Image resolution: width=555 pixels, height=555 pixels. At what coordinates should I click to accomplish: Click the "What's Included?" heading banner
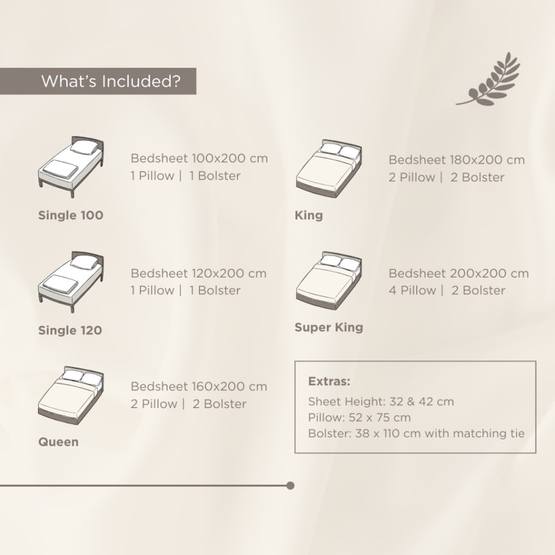(98, 81)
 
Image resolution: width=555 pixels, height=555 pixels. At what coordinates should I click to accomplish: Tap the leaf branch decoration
(488, 79)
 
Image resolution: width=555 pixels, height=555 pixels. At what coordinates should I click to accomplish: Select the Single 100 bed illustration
(71, 166)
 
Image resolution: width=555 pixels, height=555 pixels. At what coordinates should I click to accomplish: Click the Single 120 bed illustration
(71, 282)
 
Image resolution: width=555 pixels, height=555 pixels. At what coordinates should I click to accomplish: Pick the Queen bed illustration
(71, 395)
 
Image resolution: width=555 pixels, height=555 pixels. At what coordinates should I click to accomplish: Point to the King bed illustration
(329, 169)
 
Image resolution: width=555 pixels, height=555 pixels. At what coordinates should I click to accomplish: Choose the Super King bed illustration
(329, 281)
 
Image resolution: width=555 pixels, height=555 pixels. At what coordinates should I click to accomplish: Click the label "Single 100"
(71, 215)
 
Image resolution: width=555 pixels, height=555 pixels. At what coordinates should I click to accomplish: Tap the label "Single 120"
(70, 330)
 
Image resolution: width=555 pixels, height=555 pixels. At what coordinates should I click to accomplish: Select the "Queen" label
(58, 442)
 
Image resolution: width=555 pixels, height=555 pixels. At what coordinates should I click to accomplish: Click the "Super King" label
(329, 327)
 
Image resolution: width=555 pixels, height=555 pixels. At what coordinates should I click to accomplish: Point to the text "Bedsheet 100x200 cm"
(199, 158)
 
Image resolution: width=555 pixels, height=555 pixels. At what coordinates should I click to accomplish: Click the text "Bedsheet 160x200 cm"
(199, 386)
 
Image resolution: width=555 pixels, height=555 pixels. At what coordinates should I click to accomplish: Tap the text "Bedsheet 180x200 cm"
(456, 160)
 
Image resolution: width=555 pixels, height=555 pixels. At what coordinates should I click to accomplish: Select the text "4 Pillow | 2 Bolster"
(447, 291)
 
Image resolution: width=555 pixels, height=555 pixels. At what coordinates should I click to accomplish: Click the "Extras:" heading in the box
(329, 381)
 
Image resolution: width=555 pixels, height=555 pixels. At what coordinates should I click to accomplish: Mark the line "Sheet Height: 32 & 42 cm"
(381, 402)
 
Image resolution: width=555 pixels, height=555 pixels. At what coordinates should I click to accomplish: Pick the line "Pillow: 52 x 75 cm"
(359, 418)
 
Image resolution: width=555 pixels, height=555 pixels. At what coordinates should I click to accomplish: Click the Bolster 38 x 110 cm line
(417, 434)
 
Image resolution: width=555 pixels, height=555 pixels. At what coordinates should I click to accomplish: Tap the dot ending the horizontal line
(290, 486)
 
